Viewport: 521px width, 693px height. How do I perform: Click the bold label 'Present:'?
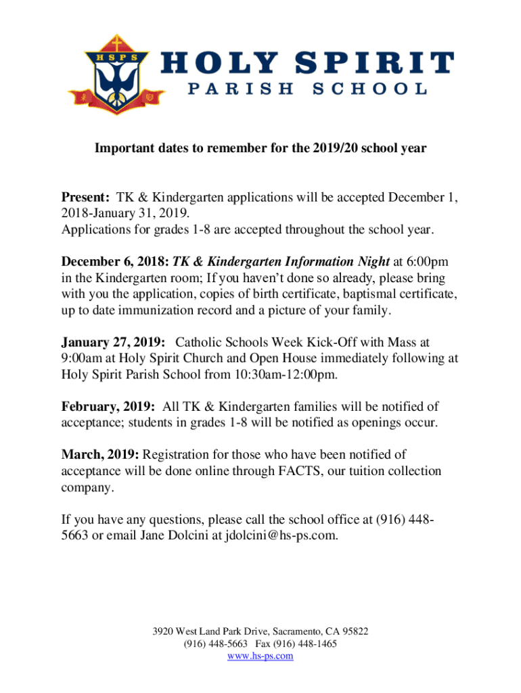pyautogui.click(x=86, y=198)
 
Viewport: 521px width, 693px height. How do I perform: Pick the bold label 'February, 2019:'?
pyautogui.click(x=109, y=407)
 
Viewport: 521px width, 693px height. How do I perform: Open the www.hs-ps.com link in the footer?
pyautogui.click(x=260, y=656)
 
